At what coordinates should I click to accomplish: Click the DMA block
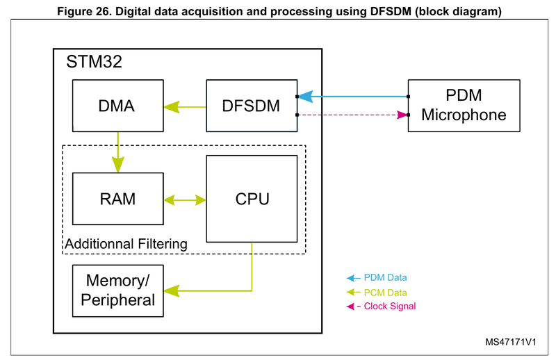tap(117, 106)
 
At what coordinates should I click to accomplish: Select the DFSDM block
tap(252, 106)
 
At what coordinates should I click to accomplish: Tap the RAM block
tap(117, 199)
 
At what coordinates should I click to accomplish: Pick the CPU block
tap(252, 199)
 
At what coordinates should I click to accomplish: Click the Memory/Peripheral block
tap(117, 291)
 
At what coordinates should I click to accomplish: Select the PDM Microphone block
tap(463, 105)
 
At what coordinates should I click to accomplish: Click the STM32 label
tap(95, 62)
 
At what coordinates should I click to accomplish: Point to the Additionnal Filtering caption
tap(126, 244)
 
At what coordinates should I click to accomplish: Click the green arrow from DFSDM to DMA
tap(185, 107)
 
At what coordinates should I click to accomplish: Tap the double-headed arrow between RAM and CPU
tap(185, 199)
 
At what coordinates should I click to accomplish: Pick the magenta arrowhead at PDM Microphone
tap(401, 115)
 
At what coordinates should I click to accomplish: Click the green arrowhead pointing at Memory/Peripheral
tap(172, 290)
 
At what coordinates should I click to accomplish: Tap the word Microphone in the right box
tap(463, 115)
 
